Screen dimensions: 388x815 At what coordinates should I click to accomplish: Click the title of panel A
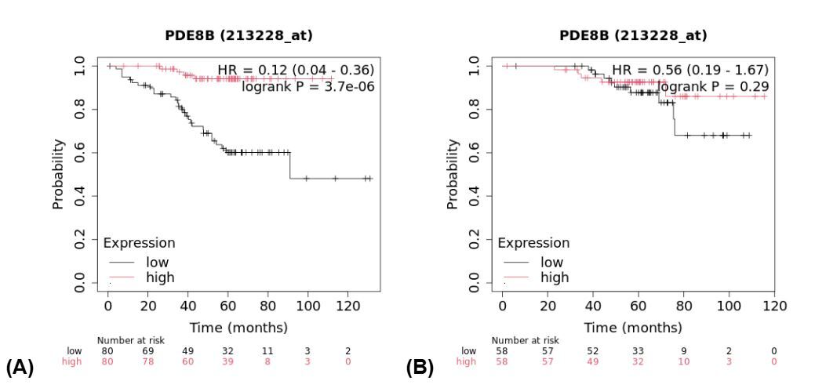point(238,35)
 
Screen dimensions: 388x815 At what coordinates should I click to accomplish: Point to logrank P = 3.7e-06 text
point(308,86)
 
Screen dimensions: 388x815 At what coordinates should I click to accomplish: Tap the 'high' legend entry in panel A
point(160,277)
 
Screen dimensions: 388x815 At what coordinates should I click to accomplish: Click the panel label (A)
point(19,367)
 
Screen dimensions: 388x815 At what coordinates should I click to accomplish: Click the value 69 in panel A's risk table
point(148,350)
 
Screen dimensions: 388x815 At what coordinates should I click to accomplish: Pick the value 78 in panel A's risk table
point(148,361)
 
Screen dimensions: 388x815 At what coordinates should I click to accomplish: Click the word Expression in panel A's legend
point(139,243)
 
